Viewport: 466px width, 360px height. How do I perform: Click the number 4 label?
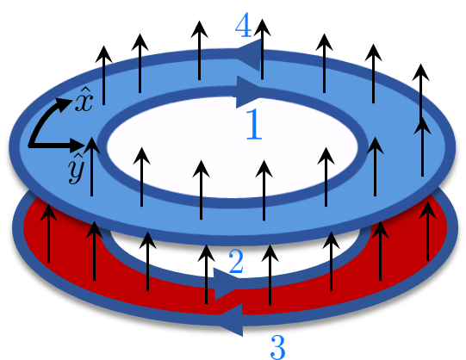coord(244,24)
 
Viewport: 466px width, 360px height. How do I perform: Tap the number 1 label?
coord(253,126)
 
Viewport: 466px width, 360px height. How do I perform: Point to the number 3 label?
coord(277,345)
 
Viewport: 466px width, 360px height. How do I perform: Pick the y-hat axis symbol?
coord(76,171)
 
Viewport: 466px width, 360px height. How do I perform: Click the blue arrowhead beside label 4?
coord(247,54)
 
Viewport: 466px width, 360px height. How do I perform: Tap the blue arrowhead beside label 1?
coord(251,90)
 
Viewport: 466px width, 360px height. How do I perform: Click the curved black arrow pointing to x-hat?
coord(50,112)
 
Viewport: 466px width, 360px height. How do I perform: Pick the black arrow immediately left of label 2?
coord(207,271)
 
